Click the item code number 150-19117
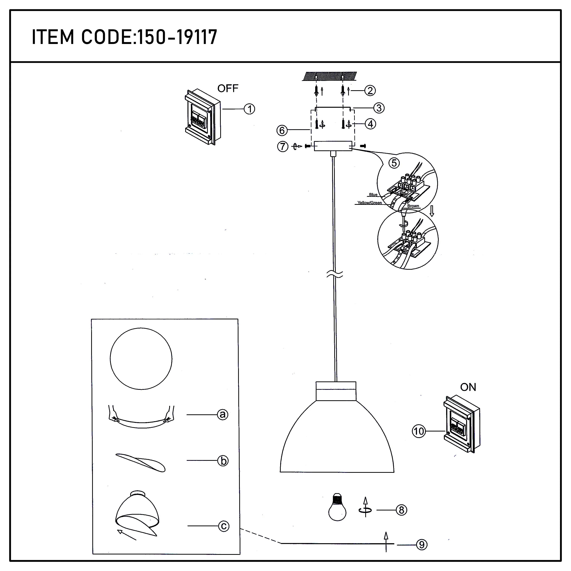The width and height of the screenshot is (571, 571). [x=177, y=37]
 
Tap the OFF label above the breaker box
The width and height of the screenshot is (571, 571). [x=228, y=88]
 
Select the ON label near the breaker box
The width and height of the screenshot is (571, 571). [x=468, y=387]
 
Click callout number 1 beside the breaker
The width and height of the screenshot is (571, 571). [x=250, y=109]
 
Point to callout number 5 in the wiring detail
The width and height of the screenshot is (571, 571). [x=394, y=163]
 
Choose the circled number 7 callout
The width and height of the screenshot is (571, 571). [x=282, y=146]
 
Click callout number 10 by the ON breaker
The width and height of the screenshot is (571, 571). [x=419, y=431]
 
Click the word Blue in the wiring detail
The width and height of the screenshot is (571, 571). [x=373, y=195]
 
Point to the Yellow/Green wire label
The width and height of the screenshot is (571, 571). [x=369, y=203]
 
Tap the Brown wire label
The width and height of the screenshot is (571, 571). [x=413, y=206]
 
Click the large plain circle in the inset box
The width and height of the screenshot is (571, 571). [x=141, y=359]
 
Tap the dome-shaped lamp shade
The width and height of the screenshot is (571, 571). [x=337, y=440]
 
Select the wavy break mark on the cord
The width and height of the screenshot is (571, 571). [x=335, y=275]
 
